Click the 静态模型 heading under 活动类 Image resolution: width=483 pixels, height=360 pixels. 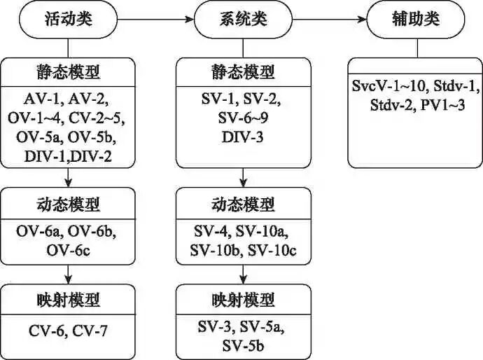click(68, 71)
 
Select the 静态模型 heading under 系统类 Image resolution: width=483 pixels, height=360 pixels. click(243, 71)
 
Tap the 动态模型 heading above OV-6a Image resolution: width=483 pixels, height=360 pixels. click(68, 205)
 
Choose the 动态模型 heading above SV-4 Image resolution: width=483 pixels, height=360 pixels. click(243, 205)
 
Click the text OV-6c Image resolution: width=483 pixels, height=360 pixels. click(68, 250)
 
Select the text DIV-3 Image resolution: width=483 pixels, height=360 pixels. click(243, 137)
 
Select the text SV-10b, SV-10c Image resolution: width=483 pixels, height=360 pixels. click(243, 250)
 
